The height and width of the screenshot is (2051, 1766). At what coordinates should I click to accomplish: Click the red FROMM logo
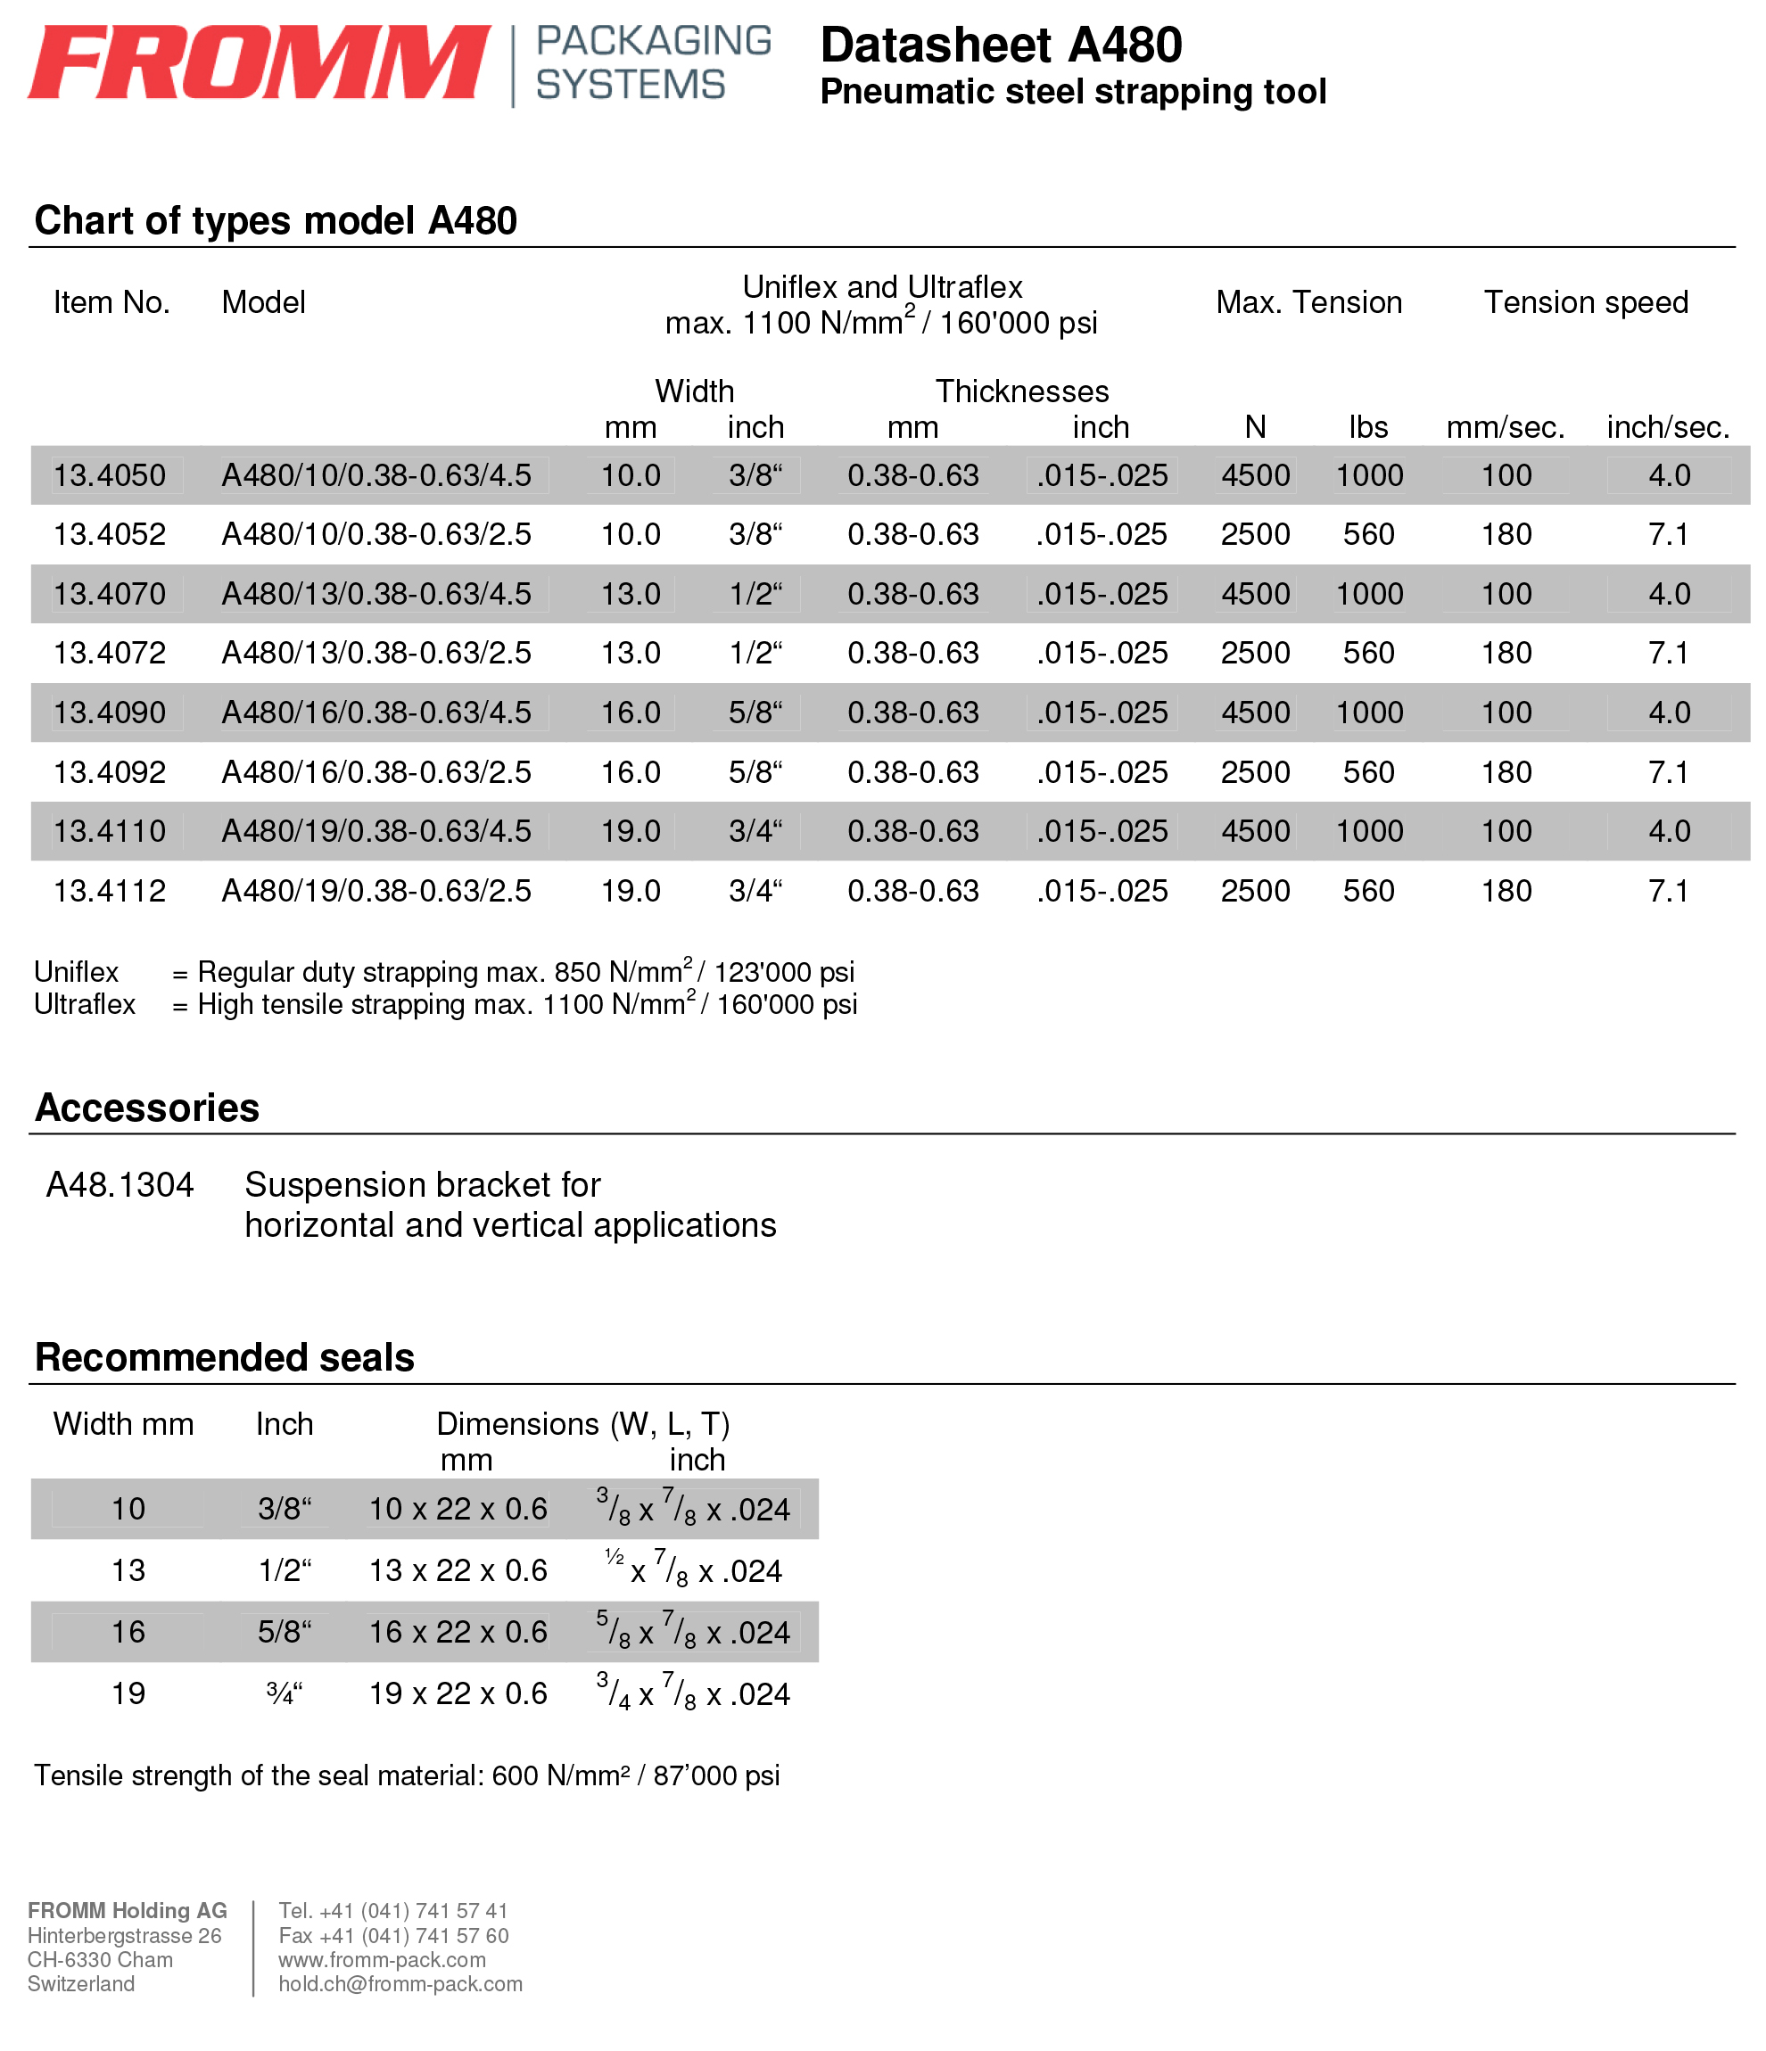pyautogui.click(x=260, y=63)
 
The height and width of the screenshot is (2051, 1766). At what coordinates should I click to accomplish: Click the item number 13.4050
pyautogui.click(x=110, y=475)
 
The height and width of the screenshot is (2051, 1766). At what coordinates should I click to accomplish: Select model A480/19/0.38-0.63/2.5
pyautogui.click(x=376, y=891)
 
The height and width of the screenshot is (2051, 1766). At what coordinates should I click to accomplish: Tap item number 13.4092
pyautogui.click(x=110, y=772)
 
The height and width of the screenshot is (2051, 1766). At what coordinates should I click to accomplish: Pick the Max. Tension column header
pyautogui.click(x=1308, y=302)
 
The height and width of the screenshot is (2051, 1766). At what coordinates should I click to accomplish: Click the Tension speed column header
pyautogui.click(x=1586, y=302)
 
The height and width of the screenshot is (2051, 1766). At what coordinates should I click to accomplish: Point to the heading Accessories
pyautogui.click(x=147, y=1108)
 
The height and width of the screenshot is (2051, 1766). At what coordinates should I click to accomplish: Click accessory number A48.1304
pyautogui.click(x=120, y=1185)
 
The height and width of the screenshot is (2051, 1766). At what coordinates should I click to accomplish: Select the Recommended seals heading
pyautogui.click(x=225, y=1357)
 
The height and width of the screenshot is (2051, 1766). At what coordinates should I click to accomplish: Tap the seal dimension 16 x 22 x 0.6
pyautogui.click(x=458, y=1631)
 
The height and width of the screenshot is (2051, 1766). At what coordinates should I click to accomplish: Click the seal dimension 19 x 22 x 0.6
pyautogui.click(x=458, y=1693)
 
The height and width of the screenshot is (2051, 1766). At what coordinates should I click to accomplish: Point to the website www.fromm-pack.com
pyautogui.click(x=382, y=1960)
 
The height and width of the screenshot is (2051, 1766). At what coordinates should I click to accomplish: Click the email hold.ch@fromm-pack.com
pyautogui.click(x=400, y=1984)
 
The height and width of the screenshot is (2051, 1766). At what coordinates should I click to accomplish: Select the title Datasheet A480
pyautogui.click(x=1001, y=45)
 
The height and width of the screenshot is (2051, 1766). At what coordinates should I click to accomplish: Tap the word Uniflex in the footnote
pyautogui.click(x=76, y=972)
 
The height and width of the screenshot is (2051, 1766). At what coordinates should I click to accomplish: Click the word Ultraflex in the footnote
pyautogui.click(x=84, y=1005)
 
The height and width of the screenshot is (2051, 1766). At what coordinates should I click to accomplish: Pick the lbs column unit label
pyautogui.click(x=1368, y=428)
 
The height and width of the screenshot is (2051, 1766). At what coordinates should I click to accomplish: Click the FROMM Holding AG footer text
pyautogui.click(x=128, y=1910)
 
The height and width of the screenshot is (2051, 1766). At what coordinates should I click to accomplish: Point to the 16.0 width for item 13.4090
pyautogui.click(x=631, y=712)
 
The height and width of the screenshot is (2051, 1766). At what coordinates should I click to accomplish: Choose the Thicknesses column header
pyautogui.click(x=1021, y=391)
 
